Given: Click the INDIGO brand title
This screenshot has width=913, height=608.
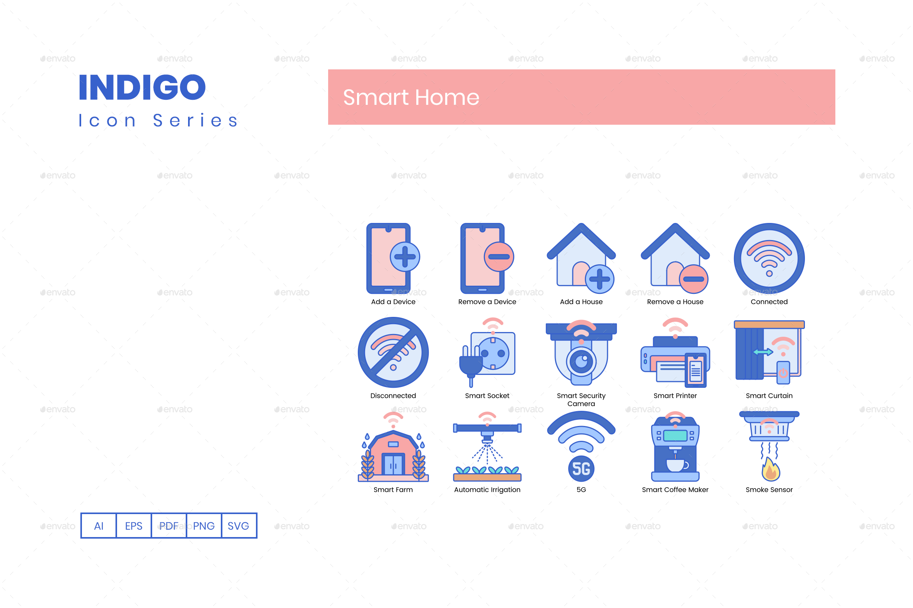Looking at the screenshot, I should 142,87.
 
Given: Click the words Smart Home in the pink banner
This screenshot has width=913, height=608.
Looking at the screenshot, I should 411,97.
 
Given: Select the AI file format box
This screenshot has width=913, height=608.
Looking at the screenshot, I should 99,526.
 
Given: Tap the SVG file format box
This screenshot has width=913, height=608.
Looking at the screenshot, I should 238,526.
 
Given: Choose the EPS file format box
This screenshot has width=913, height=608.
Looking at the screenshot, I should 133,526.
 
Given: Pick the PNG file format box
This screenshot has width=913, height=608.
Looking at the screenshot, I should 204,526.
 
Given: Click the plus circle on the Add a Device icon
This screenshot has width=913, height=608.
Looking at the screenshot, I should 405,257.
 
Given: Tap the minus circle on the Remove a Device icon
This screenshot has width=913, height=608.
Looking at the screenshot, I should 499,257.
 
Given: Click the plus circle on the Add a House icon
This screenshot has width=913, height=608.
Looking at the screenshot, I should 600,279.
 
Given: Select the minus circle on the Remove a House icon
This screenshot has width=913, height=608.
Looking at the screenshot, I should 693,279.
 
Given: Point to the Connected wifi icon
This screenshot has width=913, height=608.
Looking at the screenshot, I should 769,258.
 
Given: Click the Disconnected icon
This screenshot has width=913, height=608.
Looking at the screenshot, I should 393,352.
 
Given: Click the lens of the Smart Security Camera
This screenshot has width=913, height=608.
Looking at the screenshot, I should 581,361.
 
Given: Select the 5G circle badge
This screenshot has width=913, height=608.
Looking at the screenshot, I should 581,469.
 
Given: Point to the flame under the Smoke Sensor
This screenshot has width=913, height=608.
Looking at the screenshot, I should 771,470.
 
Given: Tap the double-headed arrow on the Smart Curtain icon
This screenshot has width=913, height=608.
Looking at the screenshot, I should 763,352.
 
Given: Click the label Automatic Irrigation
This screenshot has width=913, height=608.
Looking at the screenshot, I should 487,490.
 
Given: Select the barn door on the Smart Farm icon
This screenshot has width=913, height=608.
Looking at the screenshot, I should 393,465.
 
